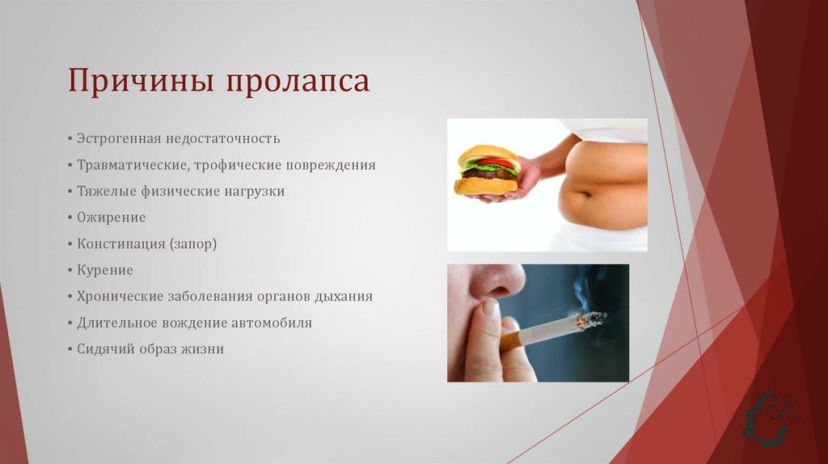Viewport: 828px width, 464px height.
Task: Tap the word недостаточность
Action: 224,138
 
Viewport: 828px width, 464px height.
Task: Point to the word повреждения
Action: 330,165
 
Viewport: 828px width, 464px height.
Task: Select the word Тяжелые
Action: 102,192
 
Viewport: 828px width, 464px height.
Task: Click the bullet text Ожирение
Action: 112,217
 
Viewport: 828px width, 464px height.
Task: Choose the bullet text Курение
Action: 105,270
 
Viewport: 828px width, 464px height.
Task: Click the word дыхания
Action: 344,296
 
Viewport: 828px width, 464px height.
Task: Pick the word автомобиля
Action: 270,323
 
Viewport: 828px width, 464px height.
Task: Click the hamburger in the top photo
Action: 487,170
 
